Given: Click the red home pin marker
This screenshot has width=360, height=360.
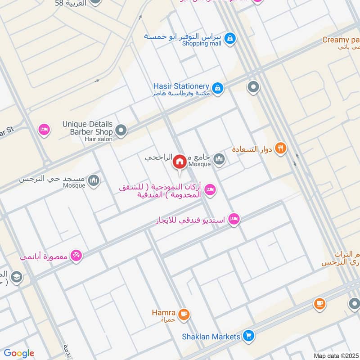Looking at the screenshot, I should tap(180, 162).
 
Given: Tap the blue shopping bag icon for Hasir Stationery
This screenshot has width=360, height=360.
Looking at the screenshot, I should tap(218, 88).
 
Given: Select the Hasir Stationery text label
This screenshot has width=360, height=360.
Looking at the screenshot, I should tap(181, 86).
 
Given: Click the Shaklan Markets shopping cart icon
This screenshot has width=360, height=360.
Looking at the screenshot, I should tap(247, 336).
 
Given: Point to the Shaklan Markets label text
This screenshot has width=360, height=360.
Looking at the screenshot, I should tap(211, 336).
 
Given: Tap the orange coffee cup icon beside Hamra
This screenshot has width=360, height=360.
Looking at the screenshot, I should tap(183, 314).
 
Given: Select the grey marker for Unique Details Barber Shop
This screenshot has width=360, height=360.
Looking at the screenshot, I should tap(121, 131).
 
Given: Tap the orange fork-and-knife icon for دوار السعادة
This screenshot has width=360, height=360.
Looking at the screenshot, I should tap(280, 148).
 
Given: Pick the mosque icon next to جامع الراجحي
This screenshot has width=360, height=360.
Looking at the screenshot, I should tap(219, 159).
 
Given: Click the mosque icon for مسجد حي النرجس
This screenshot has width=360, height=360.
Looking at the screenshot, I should tap(94, 180).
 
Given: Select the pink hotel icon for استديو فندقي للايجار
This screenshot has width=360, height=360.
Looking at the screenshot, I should tap(234, 220).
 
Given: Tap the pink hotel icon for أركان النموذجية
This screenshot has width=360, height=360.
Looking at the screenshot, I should tap(209, 190).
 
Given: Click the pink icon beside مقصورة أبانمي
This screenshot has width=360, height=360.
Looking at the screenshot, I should tap(76, 256).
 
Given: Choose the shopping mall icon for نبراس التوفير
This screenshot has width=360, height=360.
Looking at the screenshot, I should tap(230, 39).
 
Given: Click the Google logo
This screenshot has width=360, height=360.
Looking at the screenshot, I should tap(19, 353).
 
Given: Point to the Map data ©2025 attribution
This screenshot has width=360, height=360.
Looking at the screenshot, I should tap(336, 355).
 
